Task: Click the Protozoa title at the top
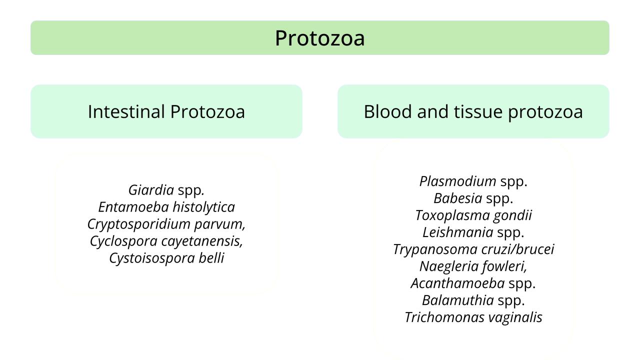[320, 38]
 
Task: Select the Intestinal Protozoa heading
[166, 111]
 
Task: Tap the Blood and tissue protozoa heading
[473, 111]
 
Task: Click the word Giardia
[151, 190]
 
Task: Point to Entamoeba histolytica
[166, 207]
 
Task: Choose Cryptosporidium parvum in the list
[166, 224]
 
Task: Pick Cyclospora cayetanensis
[166, 241]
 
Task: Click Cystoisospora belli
[166, 258]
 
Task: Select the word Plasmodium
[457, 181]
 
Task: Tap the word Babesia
[457, 198]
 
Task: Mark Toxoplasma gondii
[473, 215]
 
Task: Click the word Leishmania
[457, 232]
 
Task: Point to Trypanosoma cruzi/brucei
[473, 249]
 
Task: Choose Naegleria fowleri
[473, 266]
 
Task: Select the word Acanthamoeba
[457, 283]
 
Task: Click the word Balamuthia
[457, 300]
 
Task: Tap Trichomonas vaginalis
[473, 317]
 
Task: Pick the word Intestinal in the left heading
[126, 111]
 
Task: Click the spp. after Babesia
[499, 199]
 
